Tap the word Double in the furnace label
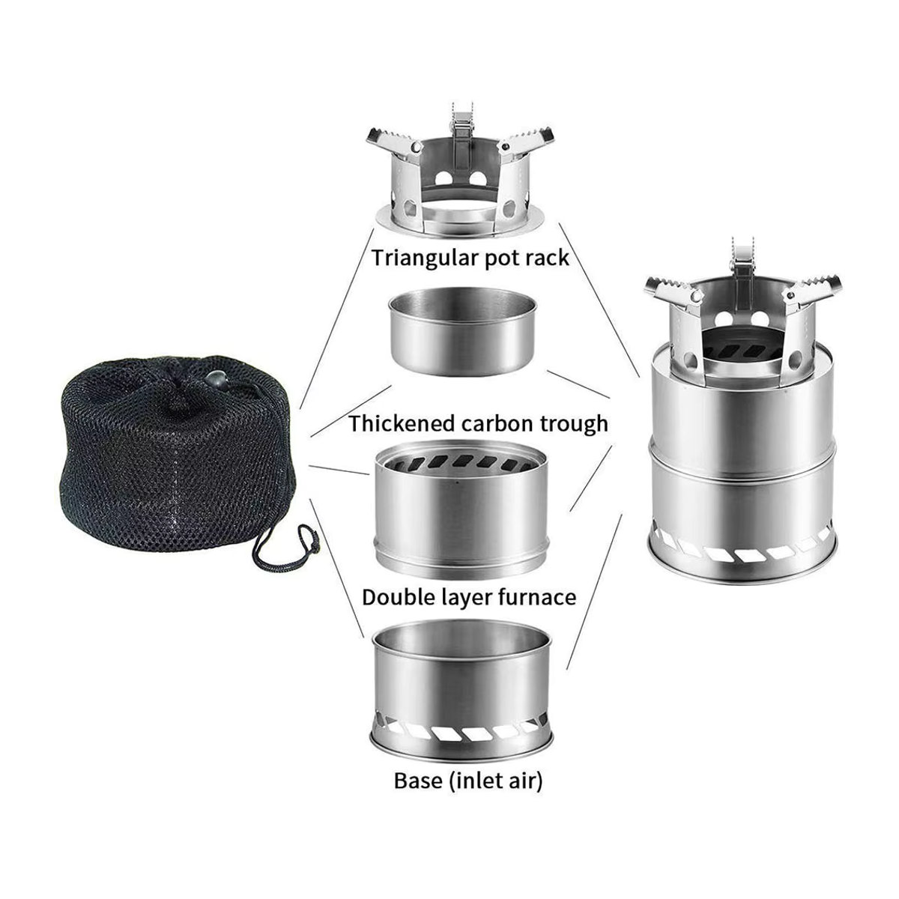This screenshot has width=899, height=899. pyautogui.click(x=395, y=597)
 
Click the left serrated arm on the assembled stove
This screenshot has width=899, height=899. pyautogui.click(x=674, y=291)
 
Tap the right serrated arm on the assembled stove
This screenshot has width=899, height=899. pyautogui.click(x=811, y=289)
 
